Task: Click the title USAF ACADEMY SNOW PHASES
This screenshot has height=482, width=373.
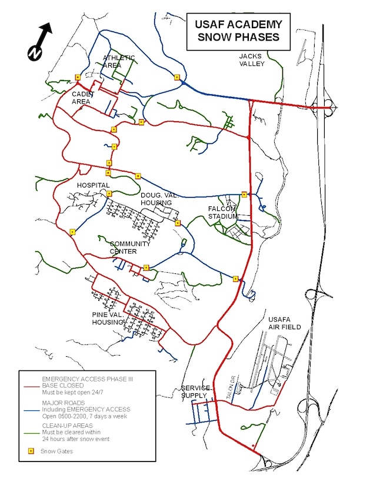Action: [x=238, y=32]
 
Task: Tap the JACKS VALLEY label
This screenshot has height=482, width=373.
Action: [x=252, y=60]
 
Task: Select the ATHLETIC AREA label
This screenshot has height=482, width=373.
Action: [x=119, y=62]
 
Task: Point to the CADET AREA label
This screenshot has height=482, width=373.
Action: [x=81, y=98]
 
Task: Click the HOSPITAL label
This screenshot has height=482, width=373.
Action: [x=94, y=185]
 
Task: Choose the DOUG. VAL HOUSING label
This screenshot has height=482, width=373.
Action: [x=156, y=199]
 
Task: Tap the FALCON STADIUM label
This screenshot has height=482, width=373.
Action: [x=223, y=212]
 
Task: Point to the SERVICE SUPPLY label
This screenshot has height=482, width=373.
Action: [x=194, y=392]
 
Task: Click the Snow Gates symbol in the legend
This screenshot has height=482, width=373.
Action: [x=31, y=451]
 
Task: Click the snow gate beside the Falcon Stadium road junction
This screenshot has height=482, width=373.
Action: [x=244, y=194]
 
